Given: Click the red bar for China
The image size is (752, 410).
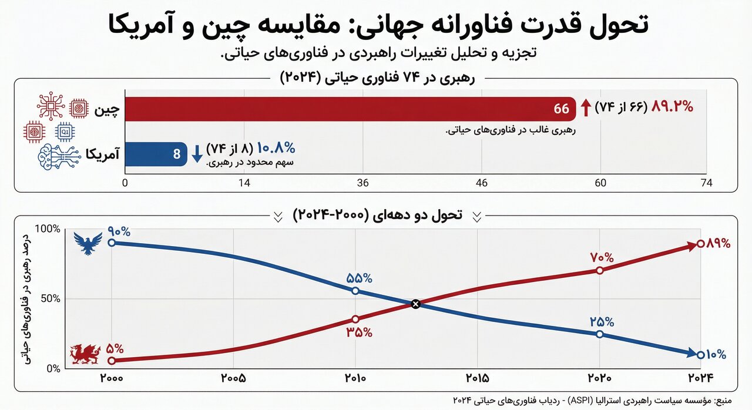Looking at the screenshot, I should [347, 109].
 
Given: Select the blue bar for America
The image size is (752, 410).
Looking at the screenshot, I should [155, 154].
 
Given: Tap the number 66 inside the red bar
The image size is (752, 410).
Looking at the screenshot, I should [562, 109].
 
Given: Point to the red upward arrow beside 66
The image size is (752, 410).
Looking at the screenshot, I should [586, 107].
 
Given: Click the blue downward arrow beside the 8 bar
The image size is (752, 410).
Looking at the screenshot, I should [197, 153].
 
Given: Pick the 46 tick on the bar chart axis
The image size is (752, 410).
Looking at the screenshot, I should [482, 183].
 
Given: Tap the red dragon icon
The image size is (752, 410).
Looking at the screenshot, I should [85, 354].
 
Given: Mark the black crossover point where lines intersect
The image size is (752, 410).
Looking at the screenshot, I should [416, 304].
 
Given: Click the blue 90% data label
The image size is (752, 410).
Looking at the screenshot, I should [119, 231].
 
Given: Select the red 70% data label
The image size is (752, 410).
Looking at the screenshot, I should [602, 257].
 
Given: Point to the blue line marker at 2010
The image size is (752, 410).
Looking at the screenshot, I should [355, 291].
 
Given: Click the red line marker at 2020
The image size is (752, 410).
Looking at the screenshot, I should [599, 271].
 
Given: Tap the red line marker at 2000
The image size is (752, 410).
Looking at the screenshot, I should [112, 361].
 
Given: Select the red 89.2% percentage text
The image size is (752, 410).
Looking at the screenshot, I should [673, 107].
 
